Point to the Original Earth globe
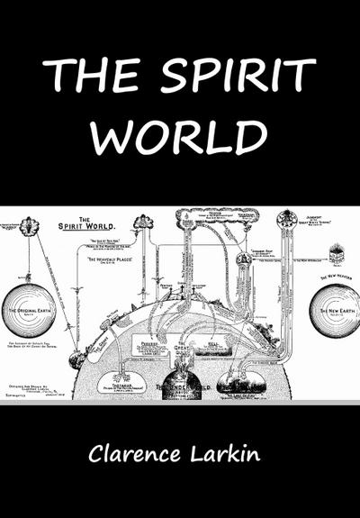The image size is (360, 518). [x=29, y=312]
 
